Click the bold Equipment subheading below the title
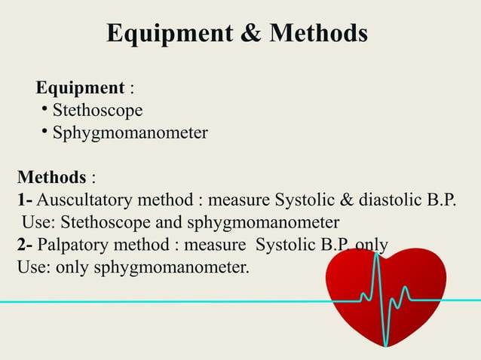point(80,88)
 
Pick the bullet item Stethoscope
point(97,111)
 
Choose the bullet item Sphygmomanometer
point(130,133)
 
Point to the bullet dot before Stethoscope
point(45,111)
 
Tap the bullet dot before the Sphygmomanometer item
point(45,133)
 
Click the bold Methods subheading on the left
point(51,178)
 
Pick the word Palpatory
point(70,245)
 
